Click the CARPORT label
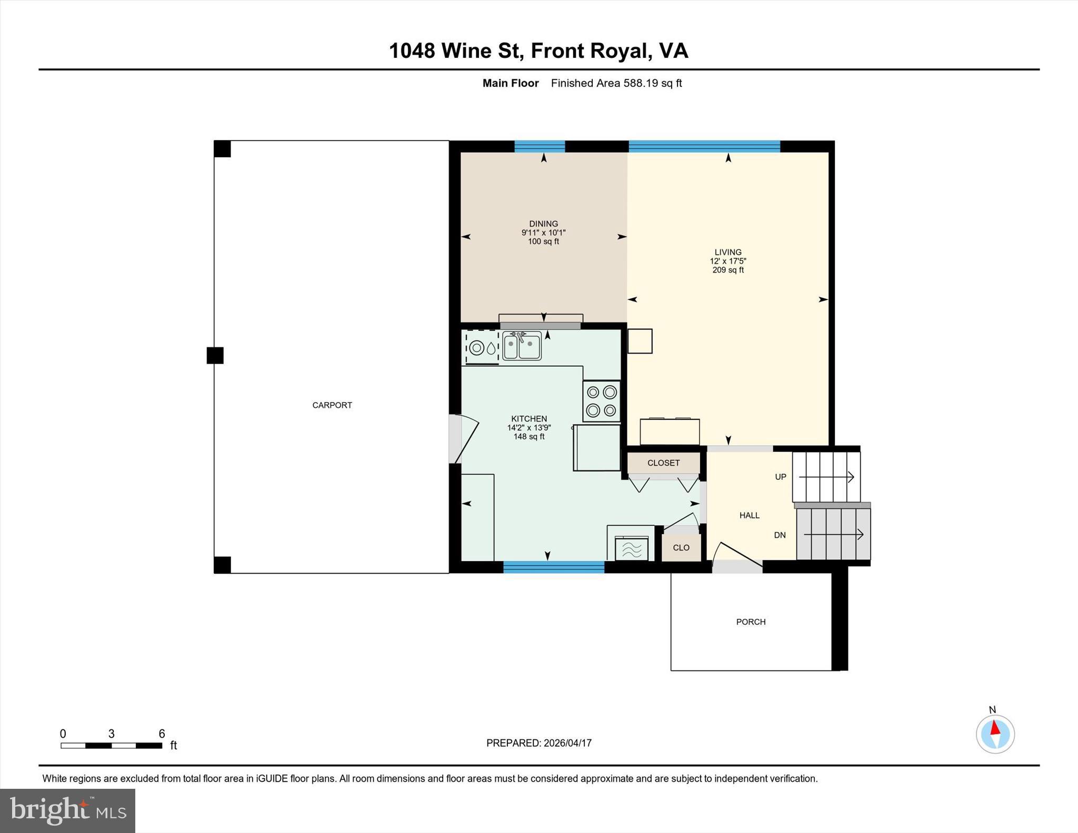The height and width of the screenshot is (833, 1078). [332, 405]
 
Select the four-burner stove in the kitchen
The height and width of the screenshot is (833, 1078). [602, 401]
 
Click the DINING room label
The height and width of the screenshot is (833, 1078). [543, 224]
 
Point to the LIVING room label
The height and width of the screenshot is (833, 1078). [728, 252]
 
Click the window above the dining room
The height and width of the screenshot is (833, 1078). [540, 146]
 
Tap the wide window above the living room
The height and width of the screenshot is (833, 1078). [704, 146]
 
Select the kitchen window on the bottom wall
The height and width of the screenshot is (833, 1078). [554, 567]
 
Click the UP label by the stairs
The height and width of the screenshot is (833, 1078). [781, 477]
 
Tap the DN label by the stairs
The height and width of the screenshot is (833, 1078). [780, 535]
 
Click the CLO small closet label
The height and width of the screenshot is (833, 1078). [681, 548]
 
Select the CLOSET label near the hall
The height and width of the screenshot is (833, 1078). [663, 463]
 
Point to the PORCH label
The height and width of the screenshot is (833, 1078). [751, 622]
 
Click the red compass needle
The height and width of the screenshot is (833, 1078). [995, 728]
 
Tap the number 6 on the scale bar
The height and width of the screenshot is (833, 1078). [162, 734]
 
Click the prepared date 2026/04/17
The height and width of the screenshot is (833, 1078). [567, 743]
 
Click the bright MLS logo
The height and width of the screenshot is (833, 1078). [67, 810]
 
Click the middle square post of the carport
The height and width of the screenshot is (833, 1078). [215, 356]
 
